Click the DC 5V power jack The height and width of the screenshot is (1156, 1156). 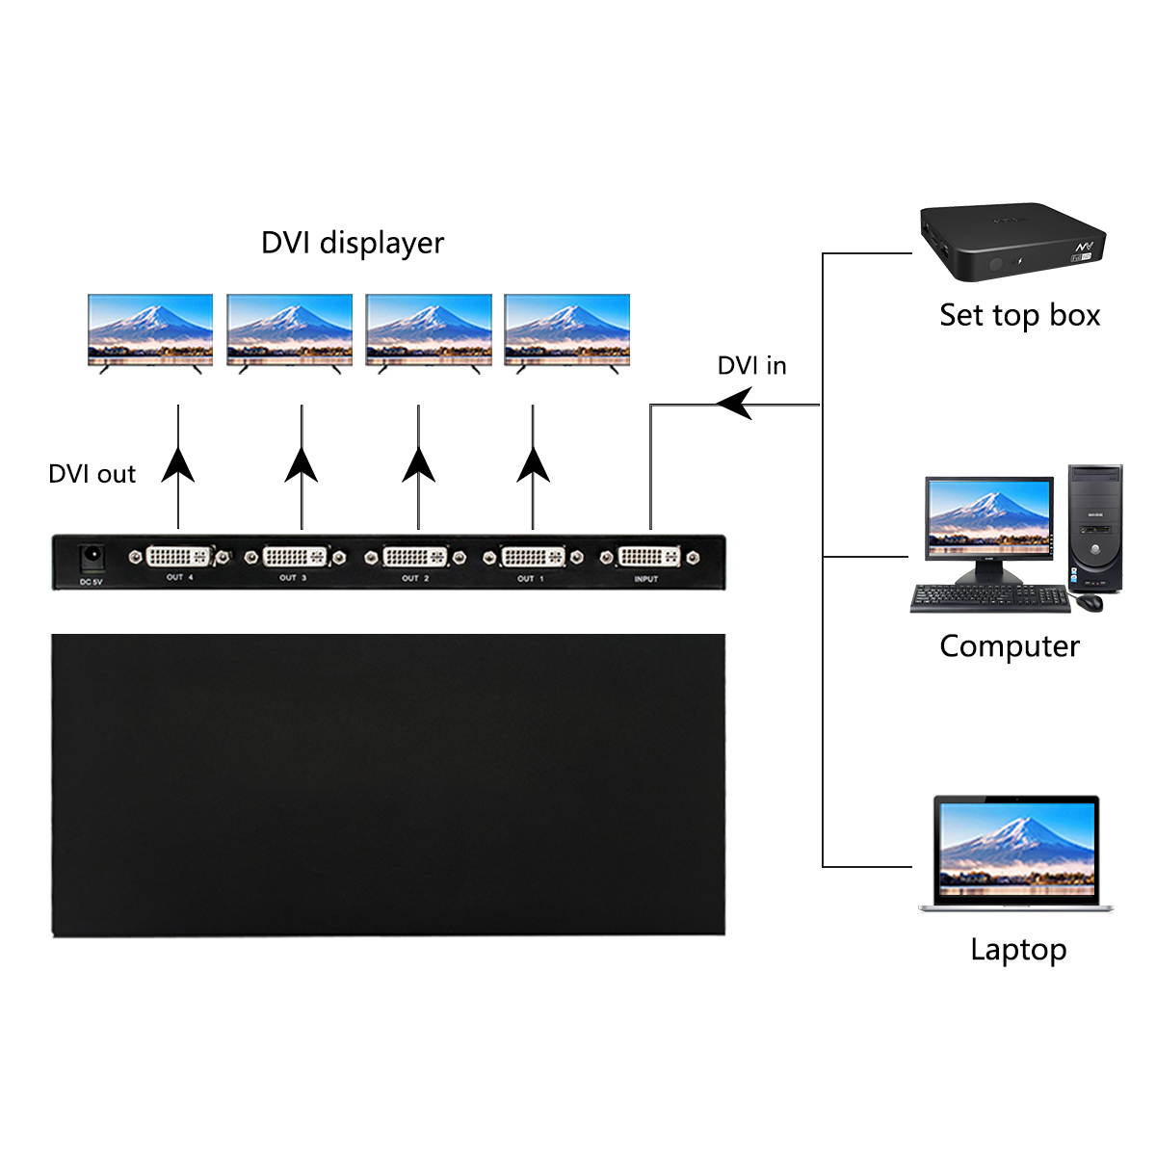point(92,558)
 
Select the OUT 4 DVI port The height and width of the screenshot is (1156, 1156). point(178,557)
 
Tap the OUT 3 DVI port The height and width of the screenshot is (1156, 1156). point(295,557)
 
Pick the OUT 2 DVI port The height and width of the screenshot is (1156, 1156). point(415,557)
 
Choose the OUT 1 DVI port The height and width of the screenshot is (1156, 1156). point(533,557)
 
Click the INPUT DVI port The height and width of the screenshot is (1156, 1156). point(648,557)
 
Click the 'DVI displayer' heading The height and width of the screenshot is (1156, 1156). point(353,243)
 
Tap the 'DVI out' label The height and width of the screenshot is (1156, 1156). point(92,474)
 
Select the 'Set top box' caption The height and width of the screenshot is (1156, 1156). point(1019,316)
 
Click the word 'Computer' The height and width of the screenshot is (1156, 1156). point(1010,646)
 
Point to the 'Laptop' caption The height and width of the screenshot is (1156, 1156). point(1018,950)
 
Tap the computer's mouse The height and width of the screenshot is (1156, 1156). point(1089,602)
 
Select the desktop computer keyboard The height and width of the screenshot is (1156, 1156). point(989,597)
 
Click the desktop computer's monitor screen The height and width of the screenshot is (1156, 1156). point(988,518)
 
